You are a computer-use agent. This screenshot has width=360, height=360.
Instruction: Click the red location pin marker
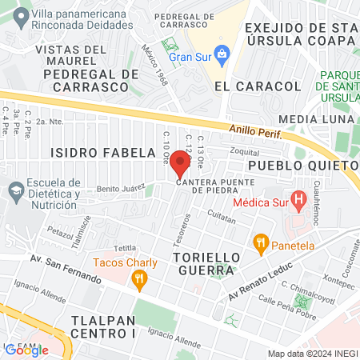click(x=180, y=163)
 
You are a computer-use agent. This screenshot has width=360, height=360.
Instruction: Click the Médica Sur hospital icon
click(x=299, y=198)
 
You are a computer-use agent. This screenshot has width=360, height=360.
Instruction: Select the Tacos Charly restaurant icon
click(x=140, y=278)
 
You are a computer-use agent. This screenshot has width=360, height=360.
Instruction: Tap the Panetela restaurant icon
click(x=260, y=242)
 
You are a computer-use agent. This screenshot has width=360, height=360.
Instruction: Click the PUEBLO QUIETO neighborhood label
click(x=302, y=166)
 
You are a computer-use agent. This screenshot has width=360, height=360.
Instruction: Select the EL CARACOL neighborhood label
click(x=258, y=86)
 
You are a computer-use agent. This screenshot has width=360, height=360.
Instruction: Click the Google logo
click(x=26, y=350)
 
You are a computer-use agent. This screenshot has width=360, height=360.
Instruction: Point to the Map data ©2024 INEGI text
click(x=311, y=354)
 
